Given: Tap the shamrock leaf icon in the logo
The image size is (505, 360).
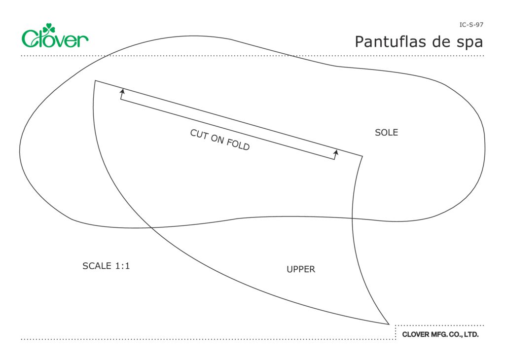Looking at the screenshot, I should coord(49,29).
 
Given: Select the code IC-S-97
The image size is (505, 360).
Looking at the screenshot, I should coord(471,24).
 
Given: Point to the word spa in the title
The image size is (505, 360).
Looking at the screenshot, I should coord(469,43).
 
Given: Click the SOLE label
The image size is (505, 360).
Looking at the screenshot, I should coord(386,133).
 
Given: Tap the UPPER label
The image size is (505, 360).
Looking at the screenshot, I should coord(301,269).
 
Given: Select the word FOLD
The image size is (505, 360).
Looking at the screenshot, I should coord(239,145).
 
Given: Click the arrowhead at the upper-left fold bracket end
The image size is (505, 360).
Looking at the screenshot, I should coord(122,91).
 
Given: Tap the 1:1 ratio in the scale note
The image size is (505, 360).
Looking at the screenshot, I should coord(122,266).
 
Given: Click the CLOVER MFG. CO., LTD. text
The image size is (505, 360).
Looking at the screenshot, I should coord(440,334).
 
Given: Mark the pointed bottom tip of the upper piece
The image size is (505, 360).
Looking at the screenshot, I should coord(389,324).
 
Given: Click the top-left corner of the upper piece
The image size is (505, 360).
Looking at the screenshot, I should coord(95,80).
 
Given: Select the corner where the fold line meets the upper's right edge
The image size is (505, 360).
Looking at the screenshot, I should coord(362,156).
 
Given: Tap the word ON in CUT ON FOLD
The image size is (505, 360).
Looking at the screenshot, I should coord(217,140).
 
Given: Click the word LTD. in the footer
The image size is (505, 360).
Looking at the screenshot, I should coord(471,334).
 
